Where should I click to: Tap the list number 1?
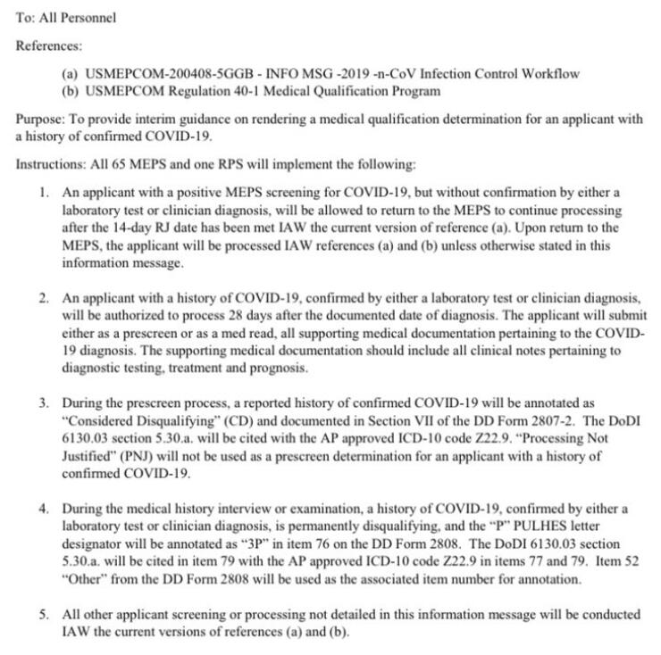(x=46, y=192)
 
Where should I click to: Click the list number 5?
(x=46, y=616)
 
